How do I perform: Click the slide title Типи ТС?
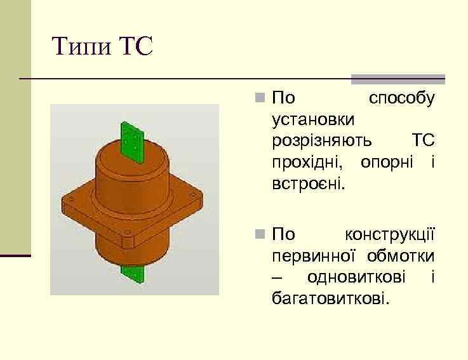(102, 46)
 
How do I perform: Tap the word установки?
(313, 119)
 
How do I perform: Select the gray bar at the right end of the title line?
(398, 80)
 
